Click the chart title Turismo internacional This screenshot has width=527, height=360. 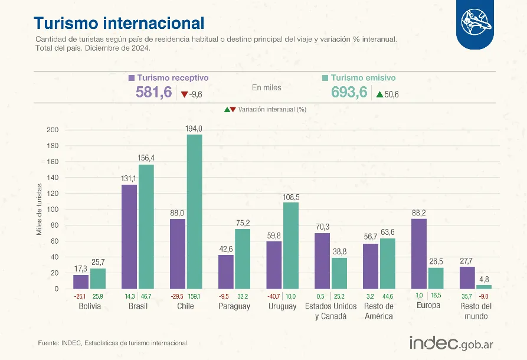(x=119, y=23)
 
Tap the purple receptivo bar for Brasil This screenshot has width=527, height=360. (x=129, y=236)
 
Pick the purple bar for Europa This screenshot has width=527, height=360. (x=419, y=253)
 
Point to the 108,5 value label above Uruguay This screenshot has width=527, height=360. (x=291, y=197)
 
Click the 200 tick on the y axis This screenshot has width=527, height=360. (x=53, y=130)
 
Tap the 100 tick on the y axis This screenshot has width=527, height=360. (x=53, y=210)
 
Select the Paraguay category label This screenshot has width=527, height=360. (x=234, y=306)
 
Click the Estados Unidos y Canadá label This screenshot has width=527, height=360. (x=330, y=311)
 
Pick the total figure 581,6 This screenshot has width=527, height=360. (x=153, y=93)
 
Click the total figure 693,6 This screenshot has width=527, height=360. (x=349, y=93)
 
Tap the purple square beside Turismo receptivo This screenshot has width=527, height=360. (x=132, y=78)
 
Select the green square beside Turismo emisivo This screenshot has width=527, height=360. (x=325, y=78)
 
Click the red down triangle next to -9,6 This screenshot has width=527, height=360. (x=184, y=94)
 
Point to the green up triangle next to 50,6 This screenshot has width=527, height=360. (x=379, y=94)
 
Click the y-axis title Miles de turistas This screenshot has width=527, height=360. (x=39, y=210)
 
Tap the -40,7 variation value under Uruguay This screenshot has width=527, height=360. (x=274, y=296)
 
